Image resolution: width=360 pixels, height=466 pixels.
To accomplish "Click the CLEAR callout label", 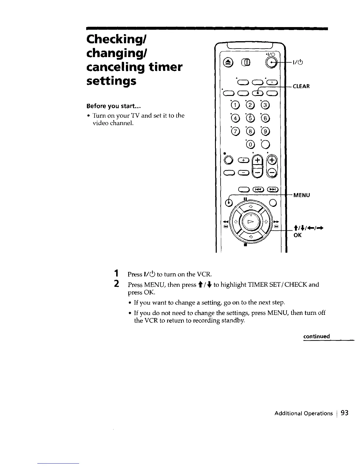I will (301, 86).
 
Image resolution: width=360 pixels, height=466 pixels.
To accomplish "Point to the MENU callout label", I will (301, 195).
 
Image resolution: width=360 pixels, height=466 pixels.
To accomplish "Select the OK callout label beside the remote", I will (298, 235).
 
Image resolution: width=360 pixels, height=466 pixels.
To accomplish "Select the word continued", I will (316, 336).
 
